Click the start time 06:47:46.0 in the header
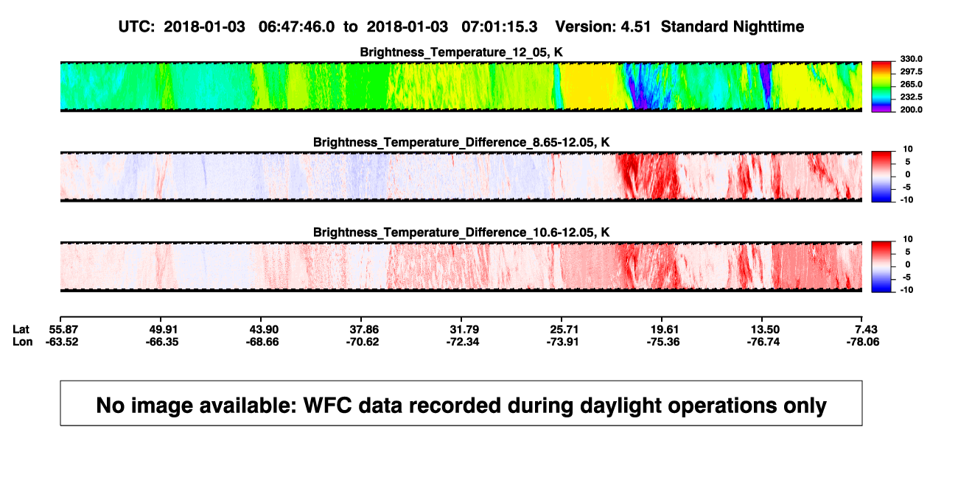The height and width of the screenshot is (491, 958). pos(296,27)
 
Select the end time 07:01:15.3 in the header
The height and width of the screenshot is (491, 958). pos(499,27)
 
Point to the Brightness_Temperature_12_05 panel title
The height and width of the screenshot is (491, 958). pos(461,52)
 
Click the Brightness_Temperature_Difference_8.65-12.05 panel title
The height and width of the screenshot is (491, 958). pos(461,142)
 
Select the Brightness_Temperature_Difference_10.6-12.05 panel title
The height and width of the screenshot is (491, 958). pos(461,233)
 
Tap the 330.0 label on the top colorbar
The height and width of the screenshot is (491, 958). pos(911,59)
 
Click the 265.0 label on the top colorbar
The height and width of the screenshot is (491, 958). pos(911,84)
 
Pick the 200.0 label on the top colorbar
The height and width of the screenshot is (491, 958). pos(911,110)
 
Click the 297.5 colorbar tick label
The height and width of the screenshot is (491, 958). pos(911,71)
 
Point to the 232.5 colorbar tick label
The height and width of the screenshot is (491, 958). pos(911,97)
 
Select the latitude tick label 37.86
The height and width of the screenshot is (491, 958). pos(364,330)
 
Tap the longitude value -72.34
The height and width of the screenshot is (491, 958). pos(463,342)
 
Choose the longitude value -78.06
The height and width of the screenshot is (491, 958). pos(863,342)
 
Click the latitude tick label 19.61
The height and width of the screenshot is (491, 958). pos(665,330)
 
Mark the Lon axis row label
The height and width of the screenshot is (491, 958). pos(22,342)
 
